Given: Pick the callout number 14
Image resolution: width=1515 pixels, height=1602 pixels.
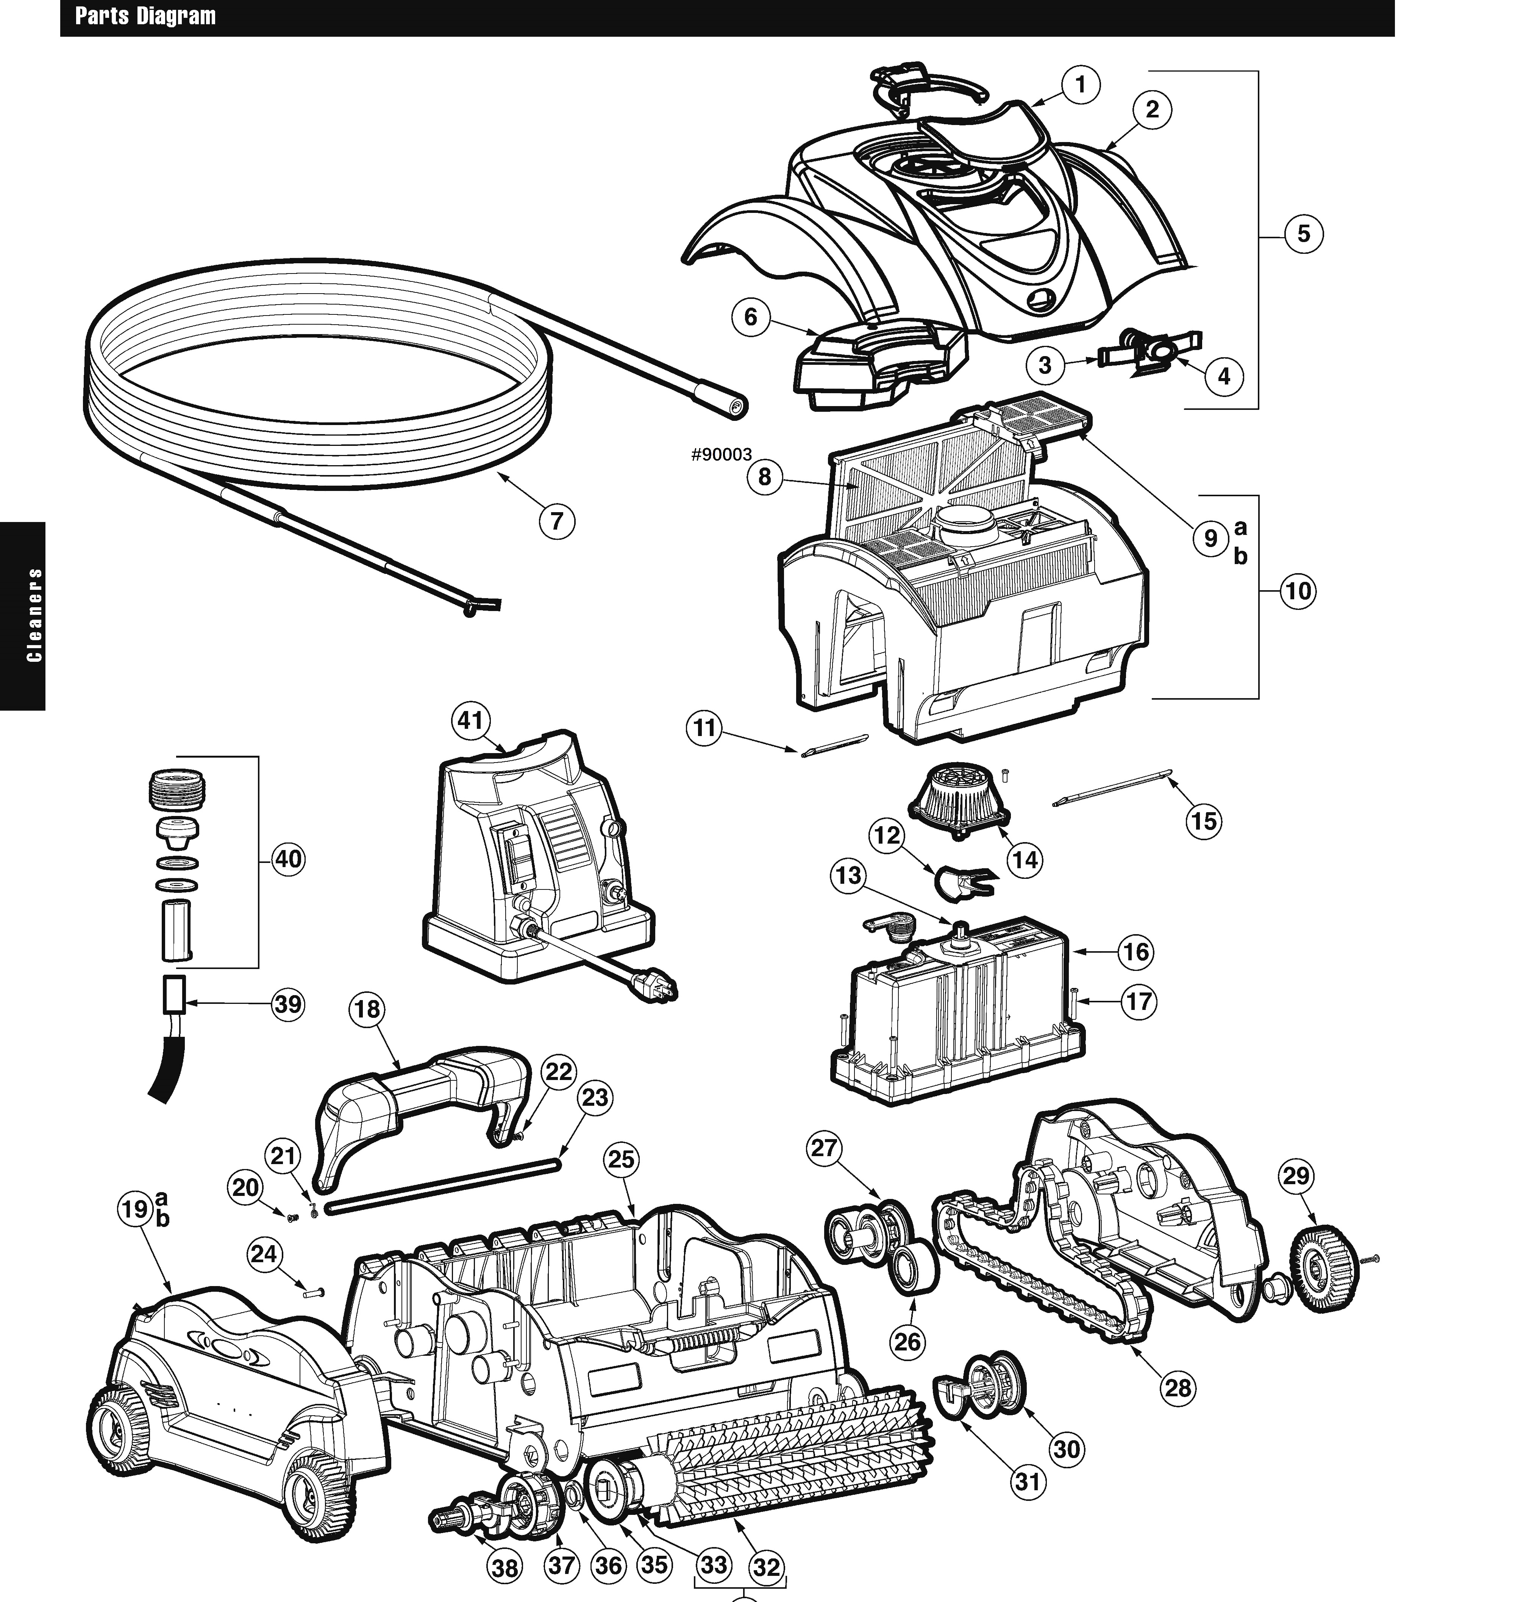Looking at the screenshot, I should click(1025, 860).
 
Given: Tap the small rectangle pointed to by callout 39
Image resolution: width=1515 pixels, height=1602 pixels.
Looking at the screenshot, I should click(173, 994).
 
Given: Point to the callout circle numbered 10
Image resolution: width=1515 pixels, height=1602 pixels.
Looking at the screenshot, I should click(1298, 591).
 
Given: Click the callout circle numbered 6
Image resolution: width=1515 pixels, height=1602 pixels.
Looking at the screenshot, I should click(750, 317).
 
